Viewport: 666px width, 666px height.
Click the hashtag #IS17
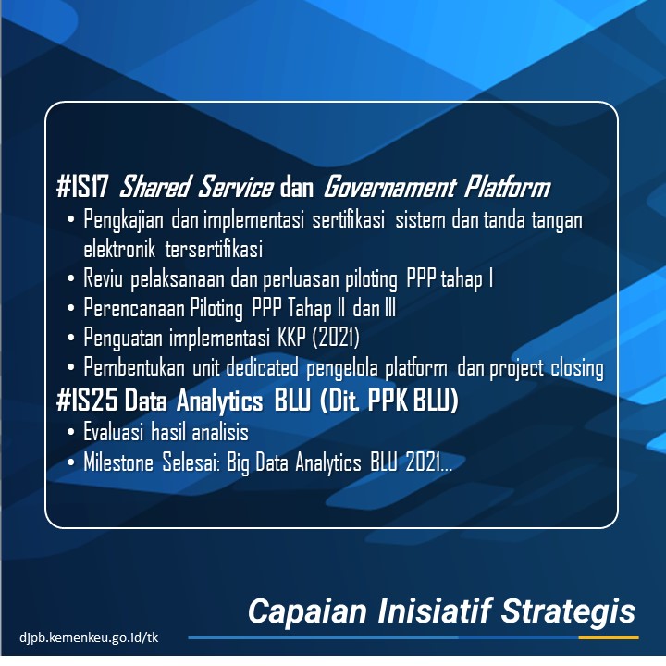(x=82, y=187)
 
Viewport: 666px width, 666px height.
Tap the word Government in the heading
(x=389, y=187)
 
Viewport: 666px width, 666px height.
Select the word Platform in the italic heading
(x=507, y=187)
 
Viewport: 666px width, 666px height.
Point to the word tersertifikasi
(x=214, y=249)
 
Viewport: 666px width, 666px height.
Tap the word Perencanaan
(x=134, y=308)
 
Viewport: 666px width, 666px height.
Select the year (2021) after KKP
(x=336, y=338)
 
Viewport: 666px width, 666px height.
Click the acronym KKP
(x=291, y=338)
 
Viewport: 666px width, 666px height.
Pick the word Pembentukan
(x=134, y=367)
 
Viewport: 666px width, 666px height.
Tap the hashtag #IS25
(x=87, y=401)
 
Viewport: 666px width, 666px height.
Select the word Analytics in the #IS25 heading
(x=219, y=401)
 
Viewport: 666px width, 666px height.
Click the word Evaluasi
(x=113, y=432)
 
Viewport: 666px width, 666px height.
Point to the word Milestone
(x=118, y=462)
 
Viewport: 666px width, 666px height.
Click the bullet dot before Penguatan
(x=70, y=339)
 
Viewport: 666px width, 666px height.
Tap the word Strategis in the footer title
(x=568, y=611)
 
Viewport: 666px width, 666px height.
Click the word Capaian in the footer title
(x=307, y=611)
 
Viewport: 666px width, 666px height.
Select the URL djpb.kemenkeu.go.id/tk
(x=89, y=637)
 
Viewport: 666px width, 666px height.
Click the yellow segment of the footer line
(x=609, y=637)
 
